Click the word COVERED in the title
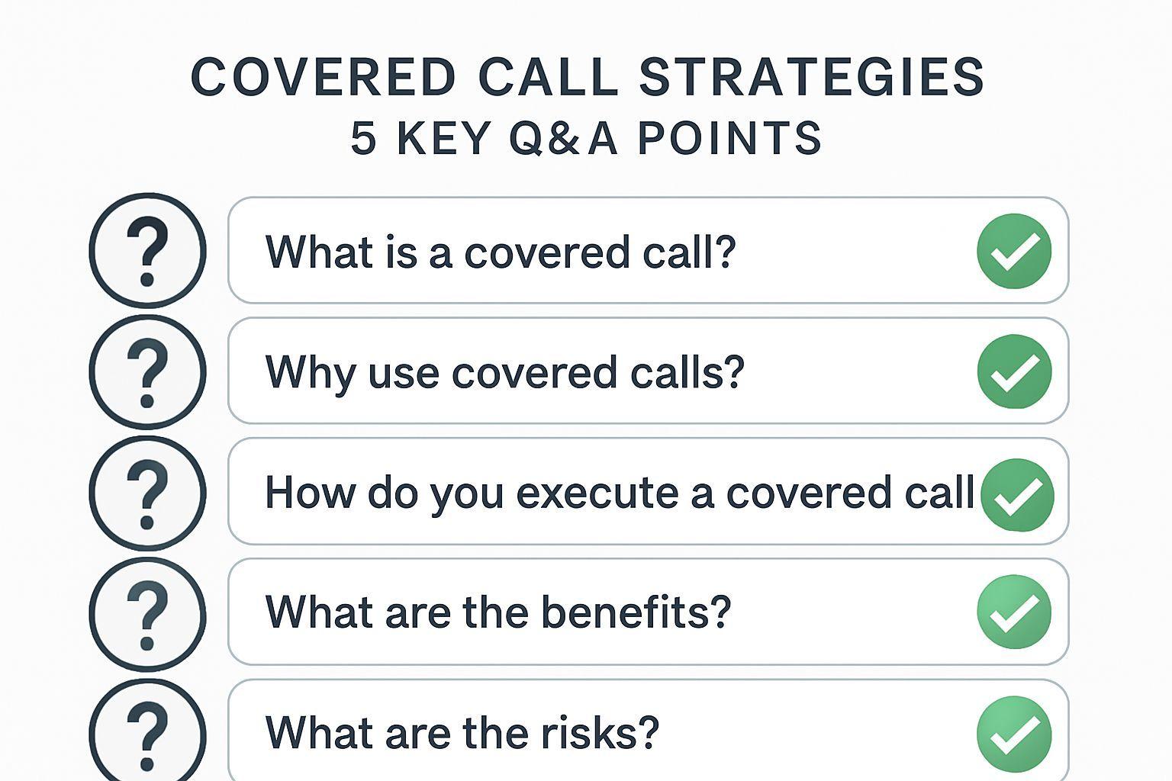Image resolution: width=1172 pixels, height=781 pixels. pos(324,78)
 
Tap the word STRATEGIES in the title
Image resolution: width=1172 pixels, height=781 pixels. pos(812,78)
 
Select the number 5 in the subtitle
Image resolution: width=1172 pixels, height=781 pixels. pos(363,138)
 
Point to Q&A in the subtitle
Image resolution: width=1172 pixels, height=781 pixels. pos(562,138)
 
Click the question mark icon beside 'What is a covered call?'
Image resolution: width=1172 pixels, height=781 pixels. pos(147,250)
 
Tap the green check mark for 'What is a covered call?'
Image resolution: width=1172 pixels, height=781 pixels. pos(1014,251)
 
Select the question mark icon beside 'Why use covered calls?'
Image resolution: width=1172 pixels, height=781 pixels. pos(147,372)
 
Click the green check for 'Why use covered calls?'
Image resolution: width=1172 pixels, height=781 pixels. pos(1014,371)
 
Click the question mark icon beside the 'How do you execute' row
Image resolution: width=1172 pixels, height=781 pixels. pos(147,493)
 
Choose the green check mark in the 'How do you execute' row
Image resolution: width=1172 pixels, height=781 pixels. pos(1017,495)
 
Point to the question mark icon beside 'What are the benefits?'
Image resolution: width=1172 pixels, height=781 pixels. pos(147,614)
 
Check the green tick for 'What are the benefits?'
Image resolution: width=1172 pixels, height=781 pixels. pos(1014,612)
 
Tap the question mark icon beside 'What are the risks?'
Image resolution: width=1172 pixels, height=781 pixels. pos(147,732)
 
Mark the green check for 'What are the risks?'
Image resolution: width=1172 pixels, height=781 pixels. pos(1014,734)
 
